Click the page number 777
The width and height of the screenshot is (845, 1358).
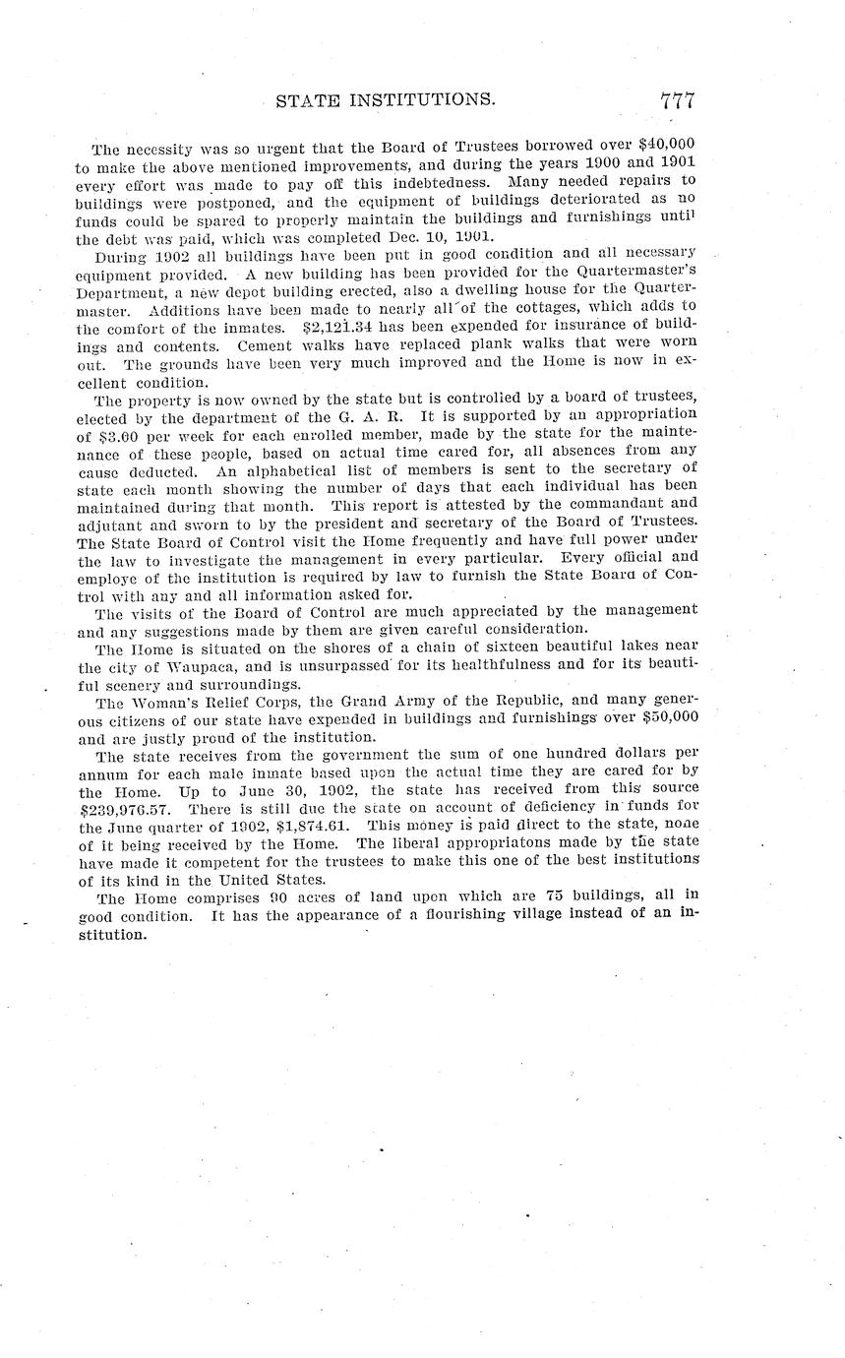tap(678, 101)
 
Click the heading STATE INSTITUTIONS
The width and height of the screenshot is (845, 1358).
tap(385, 100)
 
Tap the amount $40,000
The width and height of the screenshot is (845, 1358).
tap(667, 151)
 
